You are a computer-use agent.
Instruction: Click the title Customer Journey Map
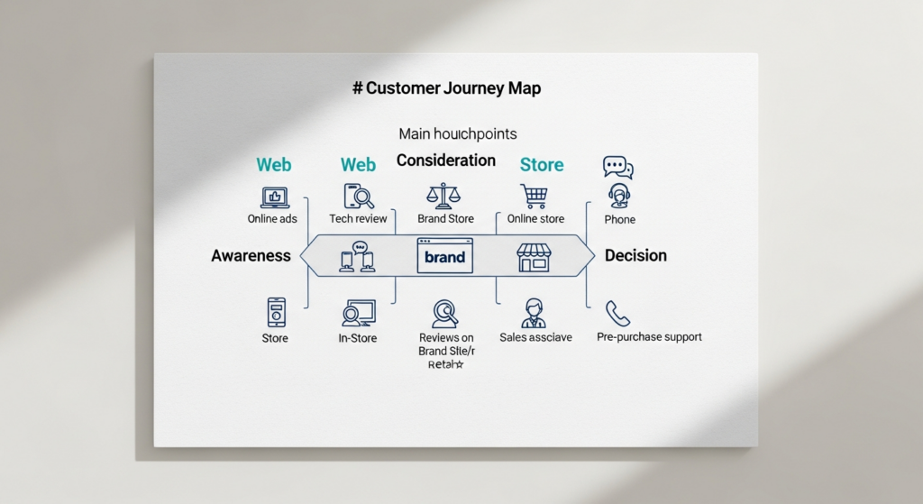click(x=447, y=88)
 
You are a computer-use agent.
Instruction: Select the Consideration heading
click(x=446, y=160)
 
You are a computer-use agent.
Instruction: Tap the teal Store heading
click(x=542, y=165)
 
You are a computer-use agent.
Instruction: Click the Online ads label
click(x=272, y=219)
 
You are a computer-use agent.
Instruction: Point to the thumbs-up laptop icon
click(x=274, y=197)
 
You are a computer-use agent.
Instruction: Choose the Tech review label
click(x=358, y=219)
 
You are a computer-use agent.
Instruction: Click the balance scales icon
click(x=442, y=196)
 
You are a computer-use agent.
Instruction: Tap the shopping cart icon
click(x=534, y=196)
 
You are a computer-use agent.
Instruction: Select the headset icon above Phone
click(x=619, y=196)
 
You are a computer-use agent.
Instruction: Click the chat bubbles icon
click(x=617, y=168)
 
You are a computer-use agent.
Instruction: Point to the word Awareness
click(x=251, y=256)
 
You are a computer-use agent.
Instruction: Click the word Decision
click(x=635, y=256)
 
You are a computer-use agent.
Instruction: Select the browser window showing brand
click(x=445, y=256)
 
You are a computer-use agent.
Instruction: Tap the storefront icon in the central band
click(x=534, y=257)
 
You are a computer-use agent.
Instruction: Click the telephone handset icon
click(x=618, y=313)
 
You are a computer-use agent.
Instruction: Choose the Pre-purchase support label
click(x=649, y=337)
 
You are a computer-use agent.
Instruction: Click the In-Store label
click(x=358, y=338)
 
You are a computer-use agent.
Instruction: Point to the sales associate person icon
click(x=534, y=313)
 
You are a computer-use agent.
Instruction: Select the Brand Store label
click(x=446, y=219)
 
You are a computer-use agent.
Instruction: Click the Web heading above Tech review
click(x=358, y=165)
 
